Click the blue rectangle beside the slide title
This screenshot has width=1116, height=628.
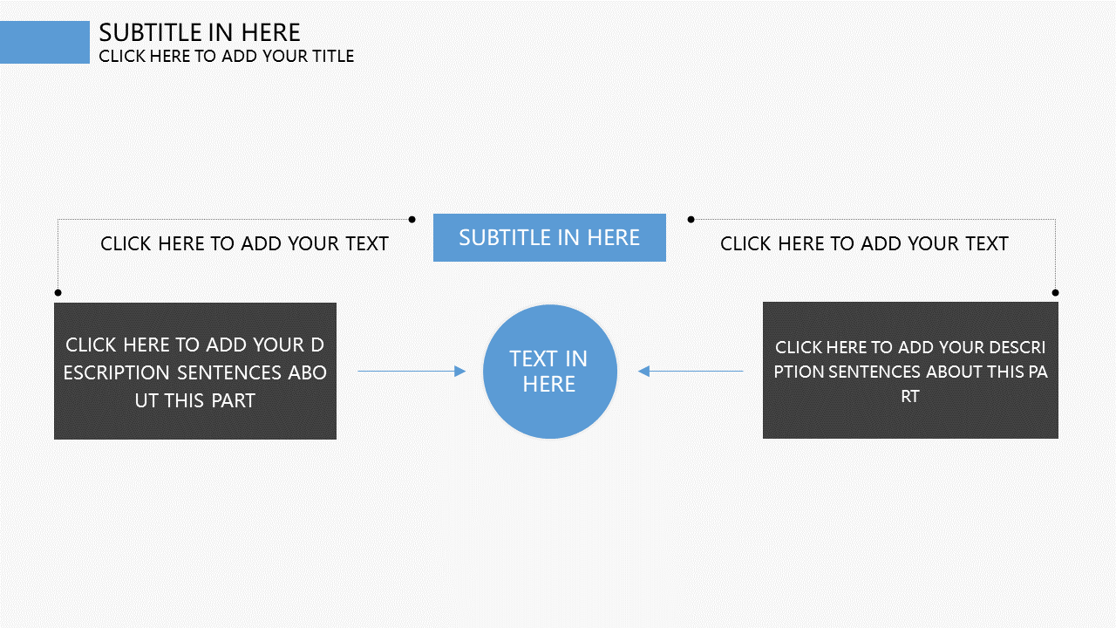(x=44, y=43)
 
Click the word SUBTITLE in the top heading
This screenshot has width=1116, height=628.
(x=150, y=33)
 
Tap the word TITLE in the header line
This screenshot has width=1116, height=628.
(x=333, y=57)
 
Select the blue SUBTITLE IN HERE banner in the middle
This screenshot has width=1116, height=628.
(x=549, y=238)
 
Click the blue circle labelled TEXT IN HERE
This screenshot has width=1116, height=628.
(x=550, y=372)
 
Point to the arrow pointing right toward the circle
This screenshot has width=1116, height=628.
(x=412, y=372)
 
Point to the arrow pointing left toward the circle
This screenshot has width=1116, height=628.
(x=691, y=372)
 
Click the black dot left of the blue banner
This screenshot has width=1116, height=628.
(x=412, y=219)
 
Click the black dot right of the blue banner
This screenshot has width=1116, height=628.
(x=691, y=219)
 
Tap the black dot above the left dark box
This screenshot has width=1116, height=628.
(x=58, y=292)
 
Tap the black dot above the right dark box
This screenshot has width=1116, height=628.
(x=1055, y=292)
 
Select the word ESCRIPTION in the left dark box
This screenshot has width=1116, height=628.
(x=117, y=372)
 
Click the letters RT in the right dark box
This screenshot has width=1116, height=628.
(x=910, y=396)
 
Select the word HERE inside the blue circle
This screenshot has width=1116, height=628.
(x=549, y=385)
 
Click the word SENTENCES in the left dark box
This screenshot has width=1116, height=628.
(x=229, y=372)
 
